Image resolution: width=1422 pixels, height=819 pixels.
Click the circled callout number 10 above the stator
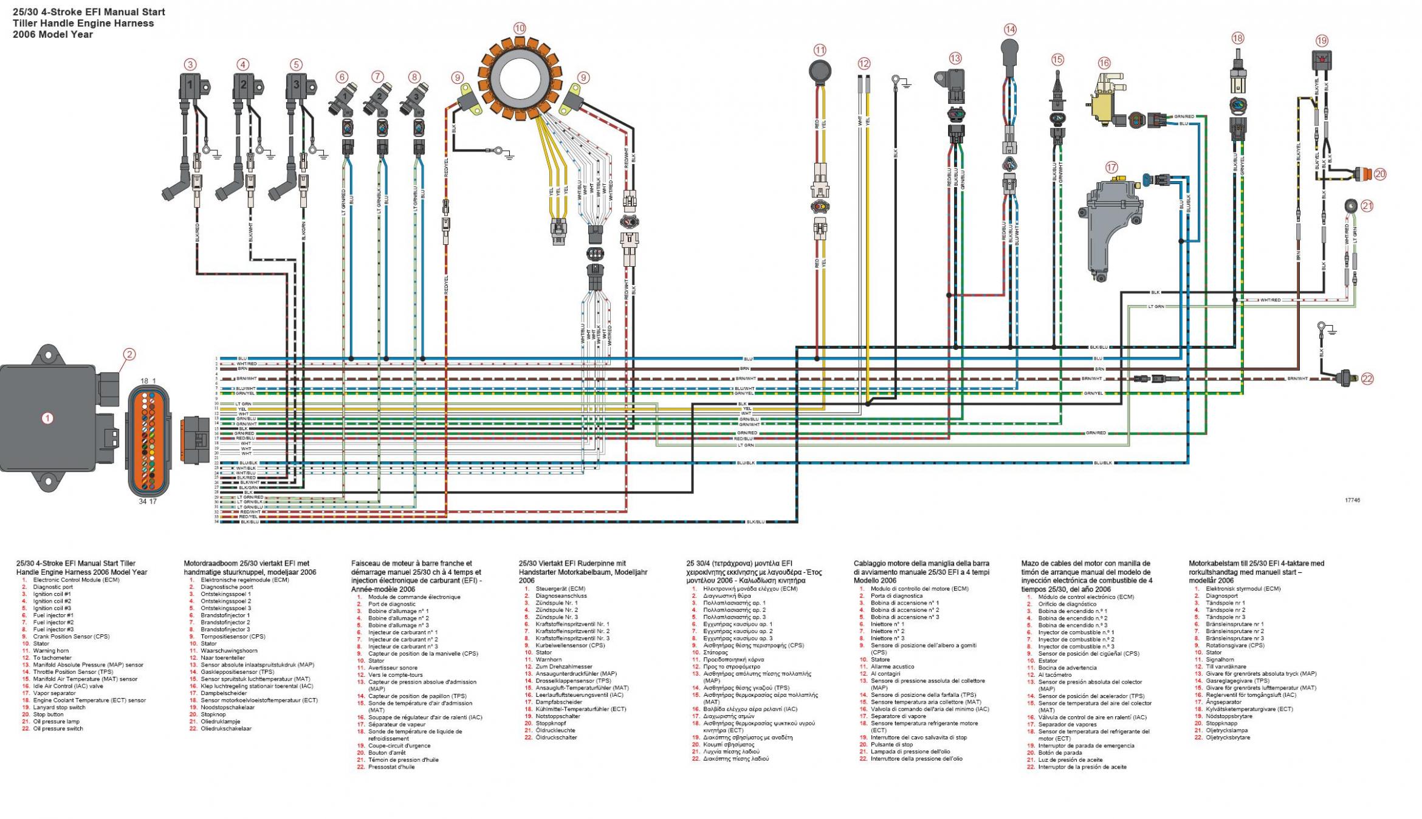(519, 28)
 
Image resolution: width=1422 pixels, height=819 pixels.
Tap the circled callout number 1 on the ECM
(47, 418)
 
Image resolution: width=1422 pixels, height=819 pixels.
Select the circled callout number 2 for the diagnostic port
(129, 354)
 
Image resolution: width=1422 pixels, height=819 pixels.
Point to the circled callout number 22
(1367, 379)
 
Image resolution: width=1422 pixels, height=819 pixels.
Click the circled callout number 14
(1010, 29)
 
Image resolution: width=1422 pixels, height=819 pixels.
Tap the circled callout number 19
(1322, 41)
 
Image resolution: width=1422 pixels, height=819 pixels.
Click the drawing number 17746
(1347, 500)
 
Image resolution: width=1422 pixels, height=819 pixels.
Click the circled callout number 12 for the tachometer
(864, 63)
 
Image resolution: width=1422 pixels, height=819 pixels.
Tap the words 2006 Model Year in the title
(53, 35)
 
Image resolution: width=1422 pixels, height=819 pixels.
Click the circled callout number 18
(1238, 38)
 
